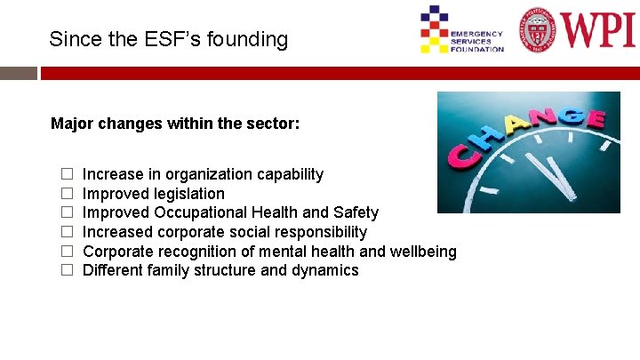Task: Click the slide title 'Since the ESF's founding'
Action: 169,39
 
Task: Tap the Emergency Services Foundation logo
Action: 461,30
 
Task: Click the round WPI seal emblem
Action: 540,29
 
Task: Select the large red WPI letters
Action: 596,28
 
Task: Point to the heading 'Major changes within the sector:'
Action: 175,124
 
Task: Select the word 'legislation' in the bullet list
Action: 188,194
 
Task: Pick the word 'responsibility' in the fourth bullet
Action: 322,232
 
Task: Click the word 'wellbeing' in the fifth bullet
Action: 423,252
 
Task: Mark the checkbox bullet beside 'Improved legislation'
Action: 66,194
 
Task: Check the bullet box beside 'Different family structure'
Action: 66,270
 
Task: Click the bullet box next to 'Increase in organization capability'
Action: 66,174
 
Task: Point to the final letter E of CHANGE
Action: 595,119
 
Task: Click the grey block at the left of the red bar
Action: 19,73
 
